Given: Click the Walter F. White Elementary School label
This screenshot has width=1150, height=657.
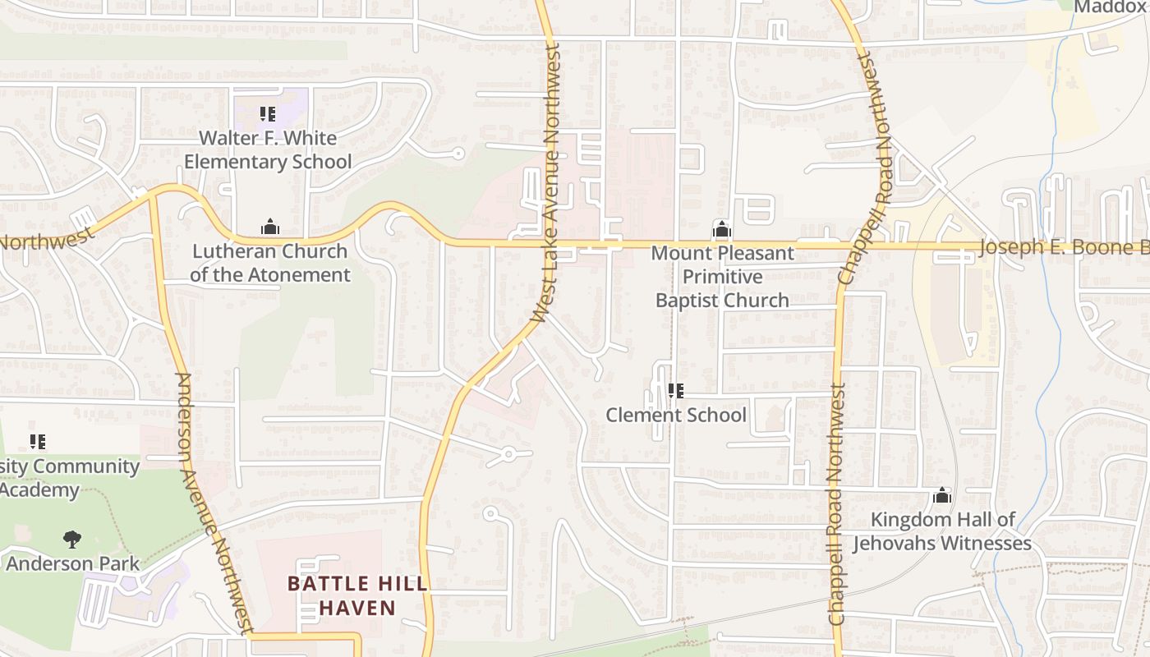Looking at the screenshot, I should [x=268, y=149].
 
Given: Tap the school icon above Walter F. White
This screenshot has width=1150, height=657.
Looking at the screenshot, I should [x=267, y=114].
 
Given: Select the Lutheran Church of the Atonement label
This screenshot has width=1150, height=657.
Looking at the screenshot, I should [x=270, y=263].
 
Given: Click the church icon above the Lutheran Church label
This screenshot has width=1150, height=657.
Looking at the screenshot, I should [x=270, y=227].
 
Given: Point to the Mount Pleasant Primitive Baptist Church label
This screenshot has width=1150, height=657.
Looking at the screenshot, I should [x=722, y=277].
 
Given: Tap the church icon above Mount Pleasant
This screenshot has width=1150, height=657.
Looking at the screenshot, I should [x=721, y=230].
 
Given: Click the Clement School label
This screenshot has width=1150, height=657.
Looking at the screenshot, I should [x=676, y=415].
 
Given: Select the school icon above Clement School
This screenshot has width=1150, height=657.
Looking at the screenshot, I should [x=676, y=391].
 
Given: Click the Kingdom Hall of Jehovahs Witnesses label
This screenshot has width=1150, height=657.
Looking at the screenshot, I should [x=942, y=531].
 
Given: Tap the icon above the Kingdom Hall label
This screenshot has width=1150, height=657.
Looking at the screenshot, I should [x=942, y=496].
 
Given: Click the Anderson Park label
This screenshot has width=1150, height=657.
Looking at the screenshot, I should [x=72, y=564].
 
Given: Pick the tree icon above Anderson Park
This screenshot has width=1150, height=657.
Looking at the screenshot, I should [x=72, y=540].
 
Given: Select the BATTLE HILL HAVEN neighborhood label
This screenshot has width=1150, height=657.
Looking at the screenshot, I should [x=357, y=596].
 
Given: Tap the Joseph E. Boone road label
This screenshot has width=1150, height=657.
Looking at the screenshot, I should [x=1064, y=247].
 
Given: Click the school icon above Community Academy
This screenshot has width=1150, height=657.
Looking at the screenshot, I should [x=37, y=442].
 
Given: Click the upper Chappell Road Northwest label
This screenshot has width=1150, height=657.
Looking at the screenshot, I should [x=866, y=168].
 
